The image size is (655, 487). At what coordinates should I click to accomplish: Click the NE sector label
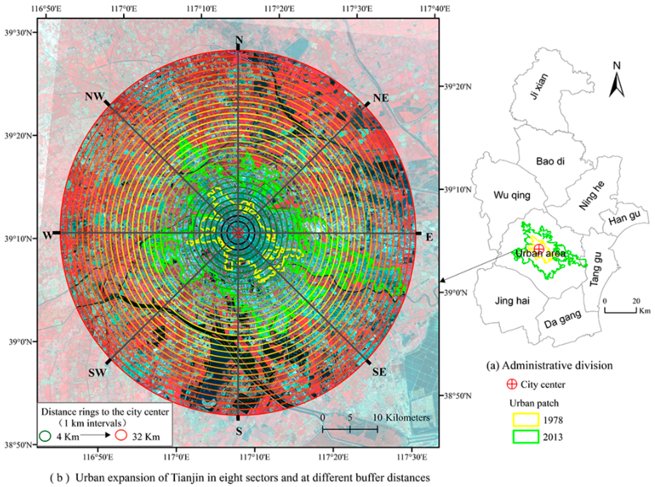point(381,98)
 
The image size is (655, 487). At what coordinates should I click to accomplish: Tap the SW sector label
point(97,372)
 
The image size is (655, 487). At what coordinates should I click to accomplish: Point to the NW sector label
point(94,96)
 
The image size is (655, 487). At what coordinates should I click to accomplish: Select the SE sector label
point(379,372)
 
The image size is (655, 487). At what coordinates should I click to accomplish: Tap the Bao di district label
point(550,161)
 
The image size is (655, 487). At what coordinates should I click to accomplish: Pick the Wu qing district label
point(512,195)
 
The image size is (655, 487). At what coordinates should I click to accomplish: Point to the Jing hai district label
point(512,300)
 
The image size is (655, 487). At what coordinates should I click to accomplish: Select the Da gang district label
point(562,319)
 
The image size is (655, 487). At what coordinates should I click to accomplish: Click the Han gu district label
point(624,218)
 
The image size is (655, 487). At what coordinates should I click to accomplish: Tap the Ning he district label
point(591,195)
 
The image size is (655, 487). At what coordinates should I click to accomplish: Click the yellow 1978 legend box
point(526,420)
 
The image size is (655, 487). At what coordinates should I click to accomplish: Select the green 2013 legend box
point(526,437)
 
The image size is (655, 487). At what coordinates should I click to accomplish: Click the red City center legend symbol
point(512,384)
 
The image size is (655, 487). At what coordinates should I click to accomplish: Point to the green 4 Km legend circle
point(45,436)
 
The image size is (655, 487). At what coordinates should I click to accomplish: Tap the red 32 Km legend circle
point(121,435)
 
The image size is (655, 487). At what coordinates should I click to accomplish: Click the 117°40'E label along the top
point(435,9)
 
